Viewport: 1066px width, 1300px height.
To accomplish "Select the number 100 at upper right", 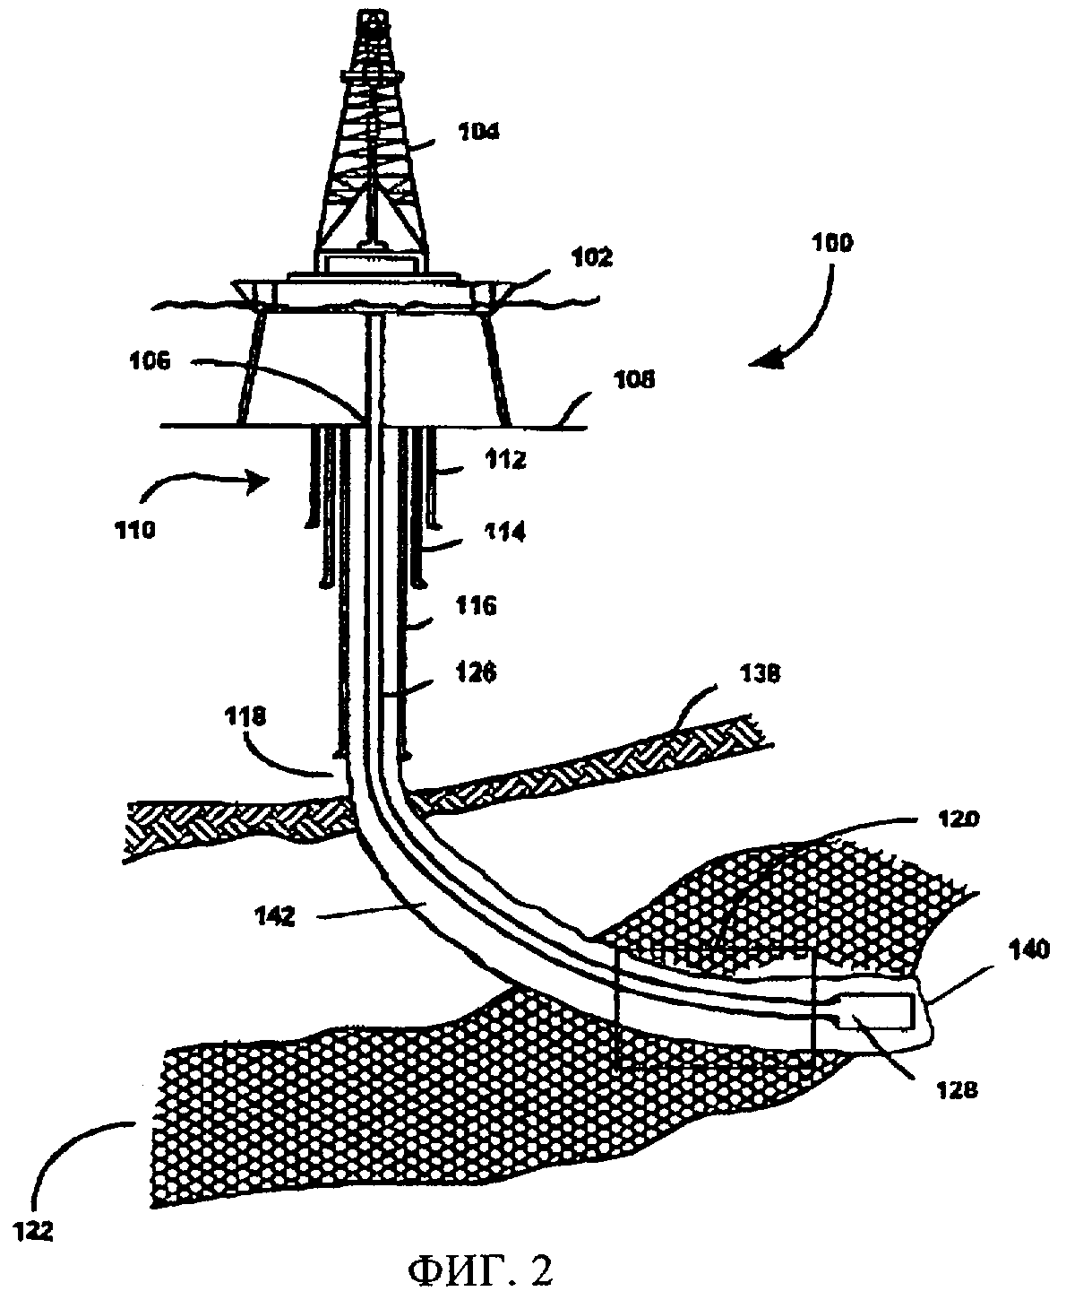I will pos(832,242).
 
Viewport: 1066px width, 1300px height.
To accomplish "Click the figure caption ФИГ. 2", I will pos(480,1270).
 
